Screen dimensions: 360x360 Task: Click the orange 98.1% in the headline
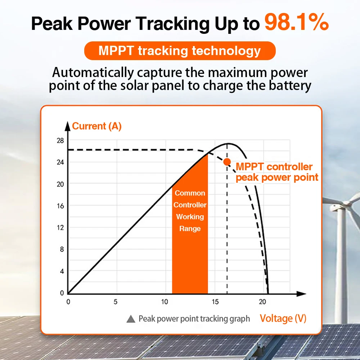tap(297, 22)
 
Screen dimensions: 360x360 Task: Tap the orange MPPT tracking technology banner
tap(180, 51)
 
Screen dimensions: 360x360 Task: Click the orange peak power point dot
tap(227, 162)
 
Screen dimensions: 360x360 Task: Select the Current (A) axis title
tap(97, 126)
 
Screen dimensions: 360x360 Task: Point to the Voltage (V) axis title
tap(283, 318)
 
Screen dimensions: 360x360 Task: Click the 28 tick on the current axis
tap(60, 140)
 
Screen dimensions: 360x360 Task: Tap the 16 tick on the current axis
tap(60, 206)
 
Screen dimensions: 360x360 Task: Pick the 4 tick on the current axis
tap(62, 271)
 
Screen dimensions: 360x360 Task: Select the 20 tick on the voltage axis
tap(263, 302)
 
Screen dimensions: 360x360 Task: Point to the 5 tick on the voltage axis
tap(115, 302)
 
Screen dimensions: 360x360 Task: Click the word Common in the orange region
tap(190, 193)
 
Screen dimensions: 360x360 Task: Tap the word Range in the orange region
tap(190, 229)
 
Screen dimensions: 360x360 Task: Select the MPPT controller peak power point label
tap(276, 172)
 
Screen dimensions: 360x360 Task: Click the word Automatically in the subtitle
tap(93, 72)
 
